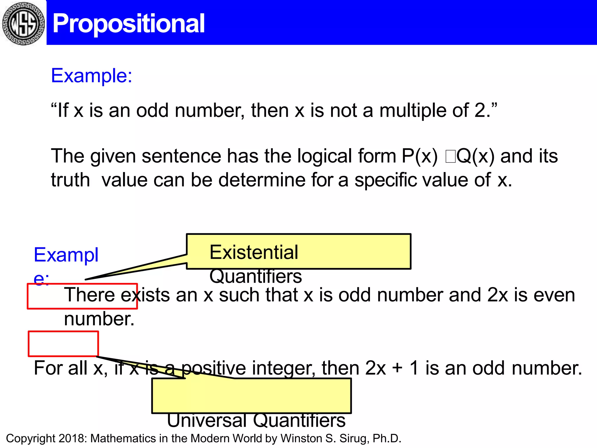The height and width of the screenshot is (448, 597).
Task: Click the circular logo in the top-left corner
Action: [x=23, y=23]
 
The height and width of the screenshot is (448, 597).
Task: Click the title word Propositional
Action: [x=129, y=23]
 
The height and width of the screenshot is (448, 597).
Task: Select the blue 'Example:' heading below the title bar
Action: [x=92, y=76]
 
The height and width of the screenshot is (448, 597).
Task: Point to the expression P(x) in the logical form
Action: [x=419, y=156]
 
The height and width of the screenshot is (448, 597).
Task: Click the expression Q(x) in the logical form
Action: [x=475, y=156]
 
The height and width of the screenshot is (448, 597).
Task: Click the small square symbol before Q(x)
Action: [x=450, y=157]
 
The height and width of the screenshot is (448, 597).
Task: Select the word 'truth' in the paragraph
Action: [x=70, y=180]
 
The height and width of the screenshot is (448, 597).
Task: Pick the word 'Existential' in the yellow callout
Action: [x=254, y=252]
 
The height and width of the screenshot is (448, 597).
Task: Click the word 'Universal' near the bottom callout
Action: [x=207, y=420]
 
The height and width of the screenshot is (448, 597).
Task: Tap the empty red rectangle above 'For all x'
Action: [x=63, y=344]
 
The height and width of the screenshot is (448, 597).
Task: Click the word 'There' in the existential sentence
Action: [x=89, y=295]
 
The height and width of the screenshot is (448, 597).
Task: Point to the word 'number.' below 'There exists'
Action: [x=99, y=319]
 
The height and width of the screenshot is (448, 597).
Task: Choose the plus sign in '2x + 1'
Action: [x=398, y=368]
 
